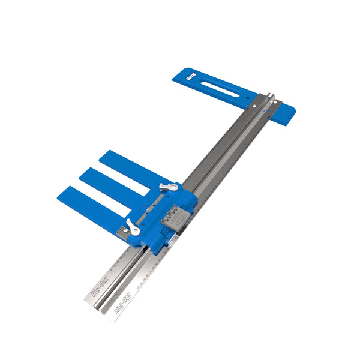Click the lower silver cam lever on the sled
pos(133,228)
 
